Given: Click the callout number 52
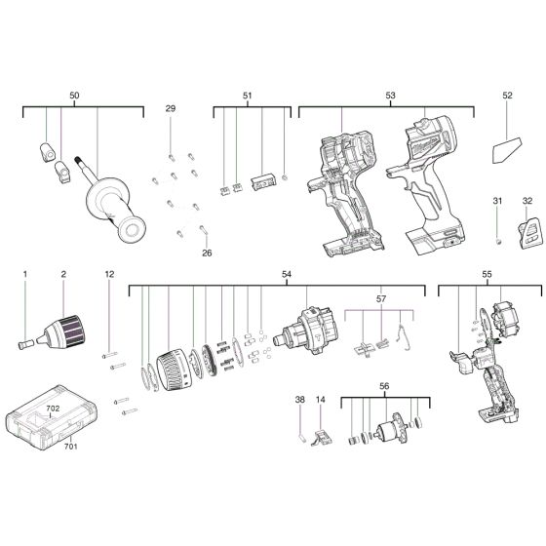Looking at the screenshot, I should [507, 96].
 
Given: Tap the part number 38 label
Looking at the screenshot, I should [300, 400].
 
